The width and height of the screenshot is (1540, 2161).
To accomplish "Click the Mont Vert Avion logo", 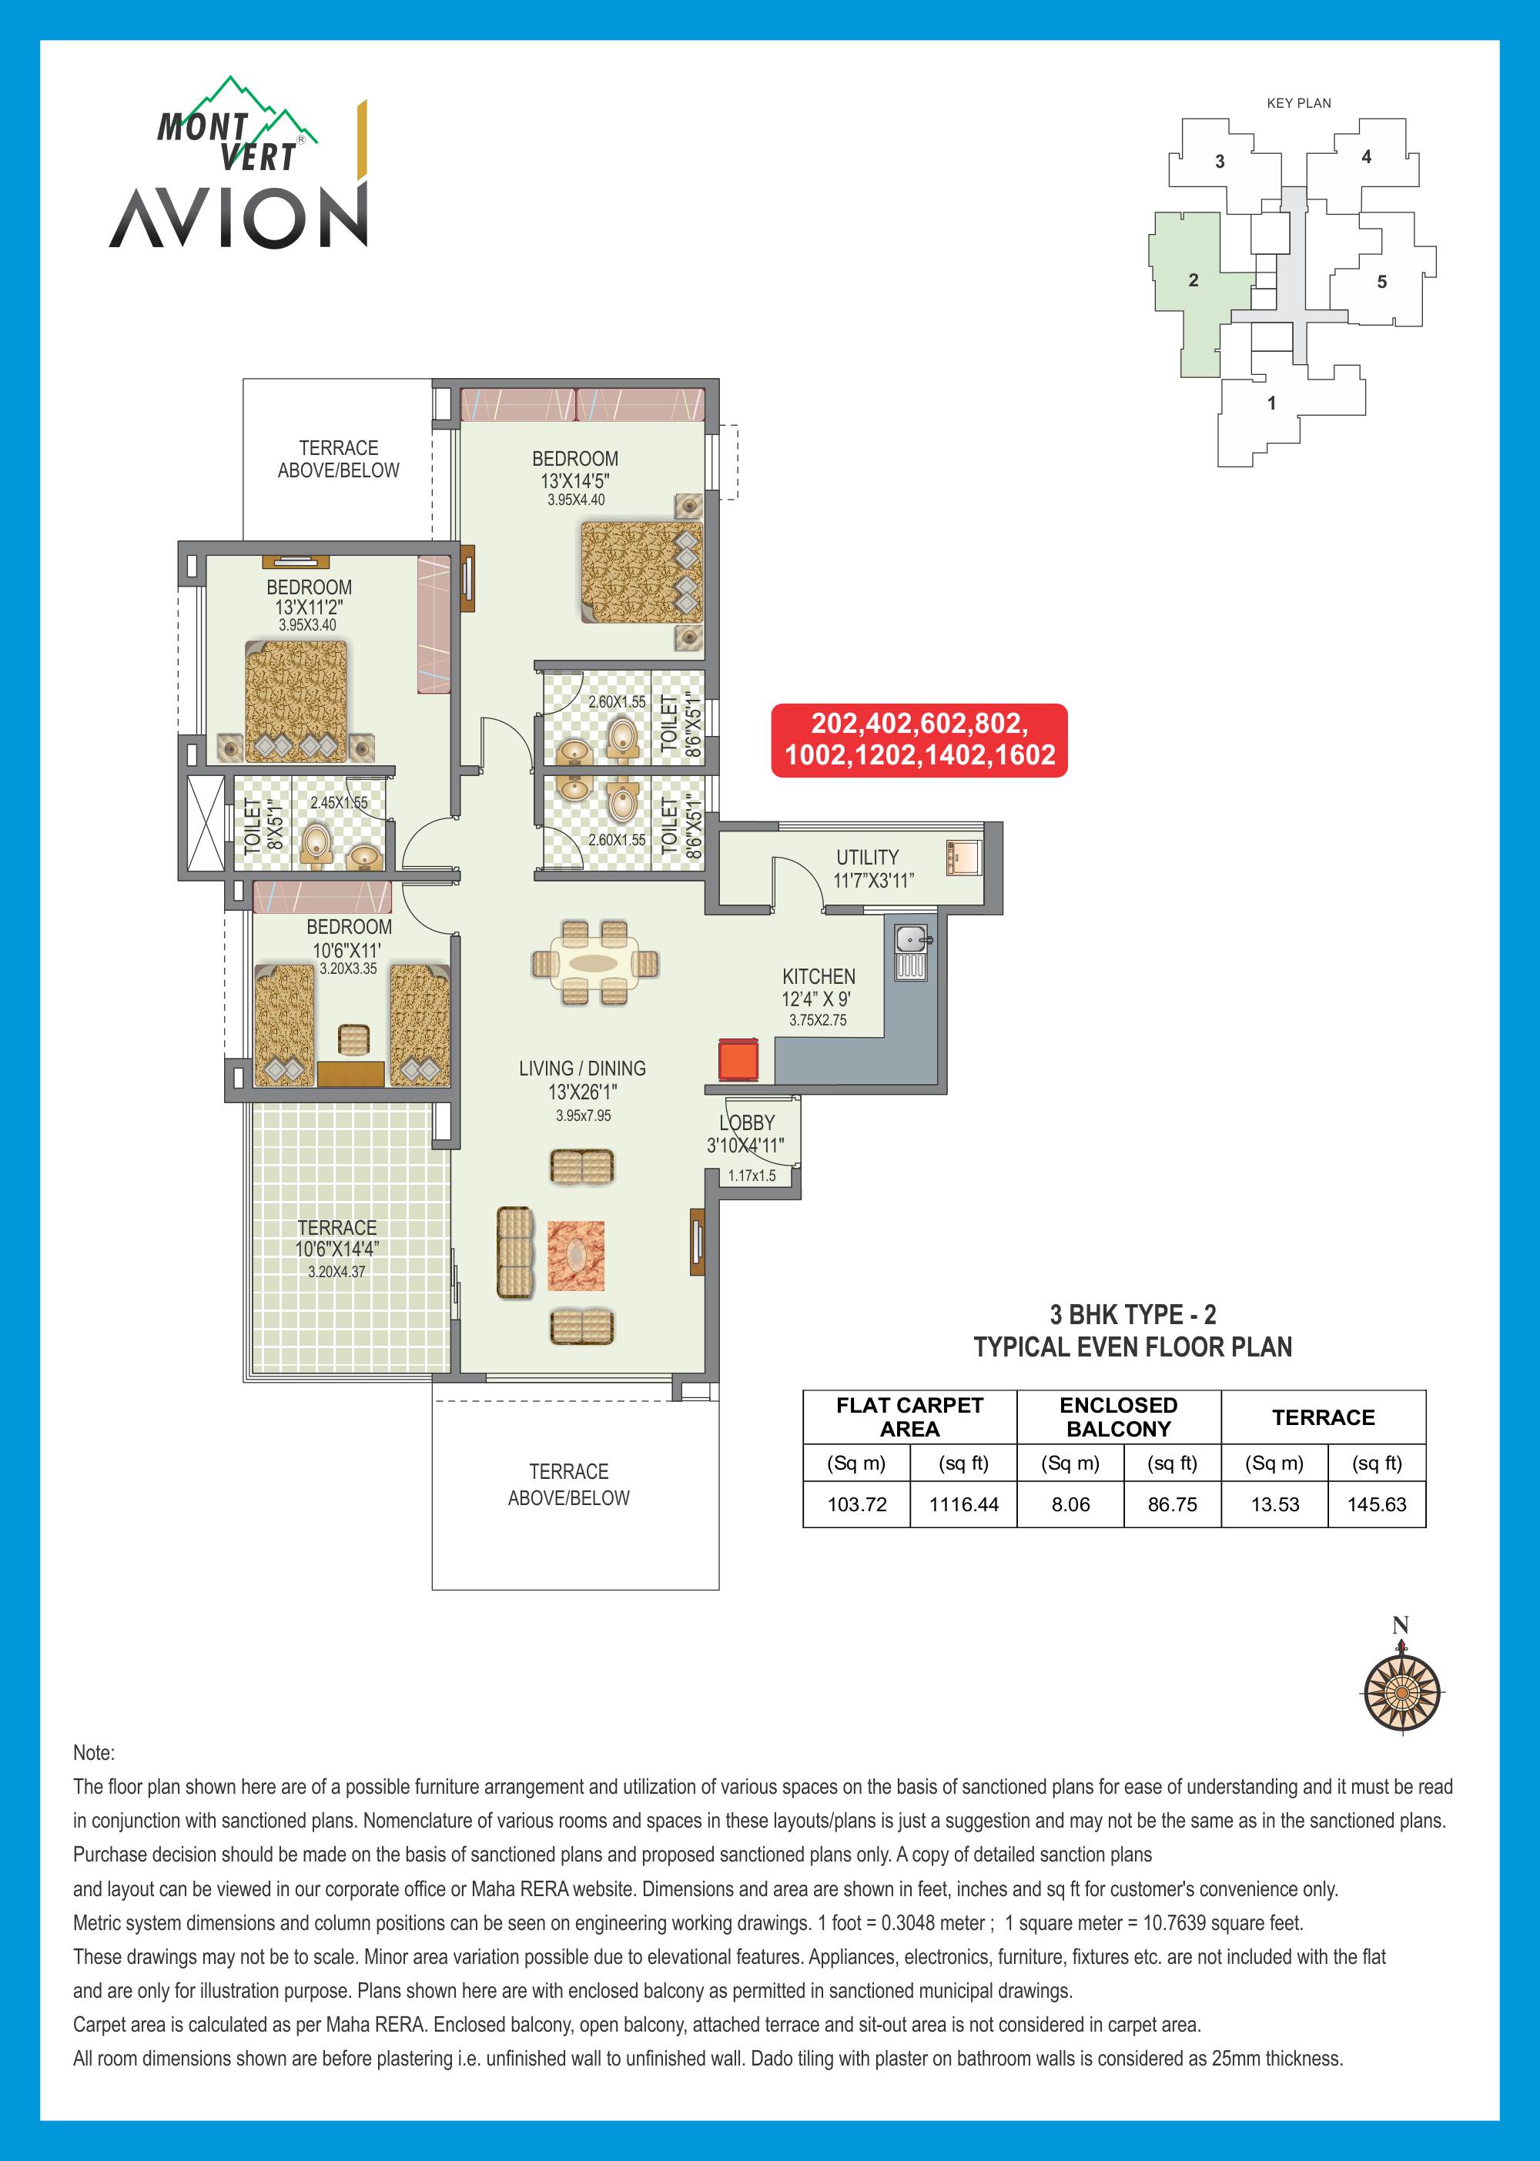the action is point(239,163).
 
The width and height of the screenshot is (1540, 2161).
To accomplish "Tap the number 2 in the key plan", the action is point(1193,279).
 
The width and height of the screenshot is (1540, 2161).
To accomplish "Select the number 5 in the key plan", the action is point(1381,282).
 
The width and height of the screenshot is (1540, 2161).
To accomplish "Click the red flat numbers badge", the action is point(919,740).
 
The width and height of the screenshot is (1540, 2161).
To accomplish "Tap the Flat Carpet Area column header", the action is point(909,1417).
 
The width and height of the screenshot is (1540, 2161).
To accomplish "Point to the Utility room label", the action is point(868,856).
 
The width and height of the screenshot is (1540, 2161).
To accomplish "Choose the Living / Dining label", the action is point(582,1068).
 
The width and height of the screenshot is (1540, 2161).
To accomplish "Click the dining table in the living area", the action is point(594,963).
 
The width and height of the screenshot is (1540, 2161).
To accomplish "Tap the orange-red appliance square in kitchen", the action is point(738,1059).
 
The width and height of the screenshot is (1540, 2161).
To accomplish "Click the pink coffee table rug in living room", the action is point(576,1256).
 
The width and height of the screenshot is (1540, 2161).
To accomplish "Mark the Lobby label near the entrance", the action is point(747,1122).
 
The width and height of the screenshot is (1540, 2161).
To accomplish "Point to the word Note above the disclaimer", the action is point(94,1752).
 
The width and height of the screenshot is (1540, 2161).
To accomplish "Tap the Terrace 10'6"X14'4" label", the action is point(336,1239).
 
